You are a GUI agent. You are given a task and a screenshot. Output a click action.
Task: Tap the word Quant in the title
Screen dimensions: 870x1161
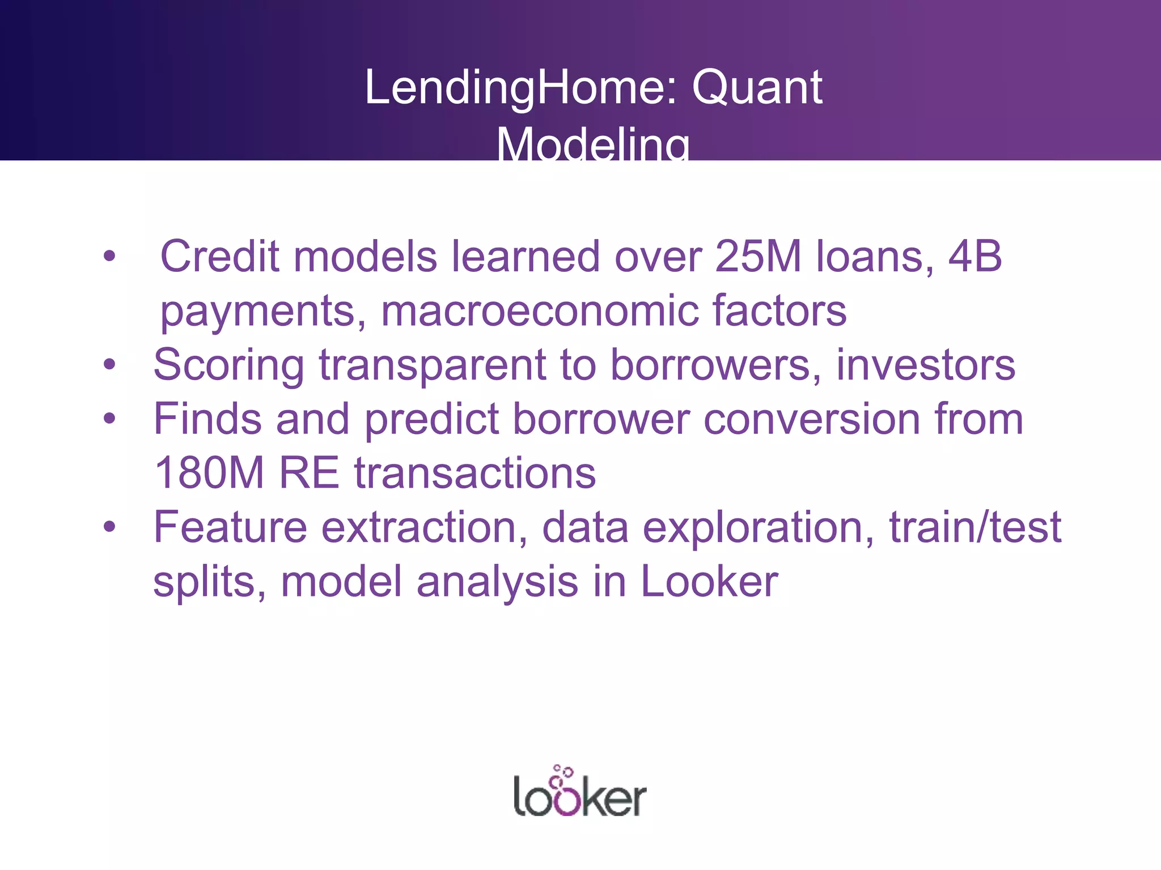tap(757, 88)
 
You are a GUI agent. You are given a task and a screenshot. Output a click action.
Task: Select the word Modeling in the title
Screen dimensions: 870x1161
tap(593, 144)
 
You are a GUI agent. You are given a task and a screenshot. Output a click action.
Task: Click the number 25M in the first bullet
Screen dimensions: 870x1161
tap(759, 256)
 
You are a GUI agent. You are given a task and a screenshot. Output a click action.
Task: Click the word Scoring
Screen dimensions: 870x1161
tap(229, 365)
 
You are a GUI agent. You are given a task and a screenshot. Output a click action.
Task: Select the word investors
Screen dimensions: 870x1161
tap(925, 365)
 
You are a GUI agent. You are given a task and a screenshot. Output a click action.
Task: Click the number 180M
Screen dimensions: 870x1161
tap(209, 473)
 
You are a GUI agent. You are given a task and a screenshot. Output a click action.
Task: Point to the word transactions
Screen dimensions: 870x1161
tap(475, 473)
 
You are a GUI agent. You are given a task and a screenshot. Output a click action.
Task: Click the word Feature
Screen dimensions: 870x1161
tap(230, 527)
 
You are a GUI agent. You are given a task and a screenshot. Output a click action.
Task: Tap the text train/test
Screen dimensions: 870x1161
tap(975, 527)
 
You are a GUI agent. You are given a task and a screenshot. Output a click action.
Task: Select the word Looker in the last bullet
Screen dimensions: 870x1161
tap(709, 582)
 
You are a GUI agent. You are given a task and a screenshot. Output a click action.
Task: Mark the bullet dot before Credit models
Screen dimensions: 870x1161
tap(109, 257)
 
